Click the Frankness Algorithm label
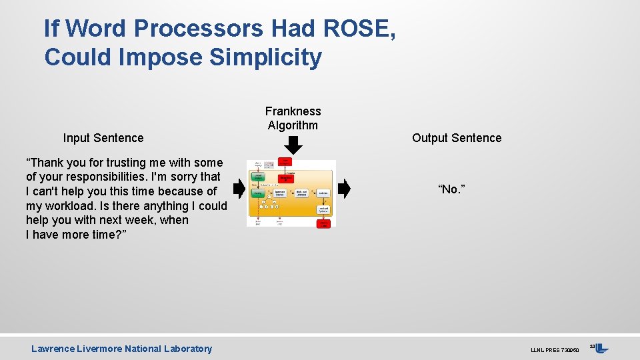click(293, 118)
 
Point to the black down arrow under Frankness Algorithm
click(293, 144)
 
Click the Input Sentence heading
click(103, 138)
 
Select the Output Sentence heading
click(457, 138)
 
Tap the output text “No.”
click(451, 190)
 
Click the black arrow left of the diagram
click(239, 189)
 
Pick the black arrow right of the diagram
click(344, 189)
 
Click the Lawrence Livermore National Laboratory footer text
click(121, 349)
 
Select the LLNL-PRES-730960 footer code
click(554, 350)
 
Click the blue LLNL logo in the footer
click(601, 348)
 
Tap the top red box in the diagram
click(285, 162)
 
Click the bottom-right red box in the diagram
click(323, 223)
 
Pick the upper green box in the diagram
click(258, 177)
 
